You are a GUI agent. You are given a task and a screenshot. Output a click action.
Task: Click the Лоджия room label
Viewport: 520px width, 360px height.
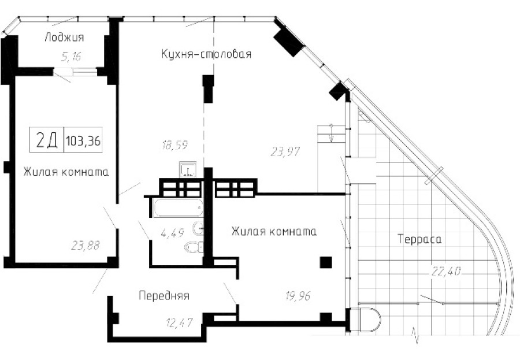coord(64,38)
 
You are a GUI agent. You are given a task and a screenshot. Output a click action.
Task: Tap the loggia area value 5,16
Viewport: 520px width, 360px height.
coord(71,57)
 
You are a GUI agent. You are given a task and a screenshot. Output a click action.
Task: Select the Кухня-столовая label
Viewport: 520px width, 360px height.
coord(206,54)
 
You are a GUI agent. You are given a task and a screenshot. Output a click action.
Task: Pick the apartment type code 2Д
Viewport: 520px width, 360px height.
coord(47,140)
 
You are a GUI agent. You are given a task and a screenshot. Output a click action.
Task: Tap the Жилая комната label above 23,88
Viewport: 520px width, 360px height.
coord(66,172)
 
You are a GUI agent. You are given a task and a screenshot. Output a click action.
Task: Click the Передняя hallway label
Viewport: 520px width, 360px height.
coord(164,296)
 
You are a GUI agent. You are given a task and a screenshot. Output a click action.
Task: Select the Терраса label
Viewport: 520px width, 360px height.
coord(419,238)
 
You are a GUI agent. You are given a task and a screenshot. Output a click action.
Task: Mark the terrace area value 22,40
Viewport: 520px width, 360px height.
coord(447,269)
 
